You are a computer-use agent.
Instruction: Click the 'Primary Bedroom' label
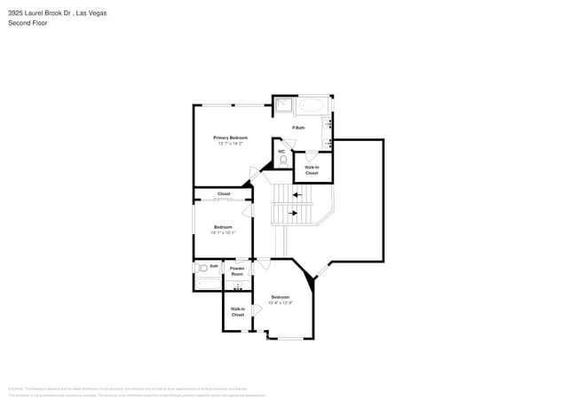point(230,137)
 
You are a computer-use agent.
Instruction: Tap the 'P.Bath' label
point(299,128)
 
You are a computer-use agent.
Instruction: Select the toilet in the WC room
point(282,161)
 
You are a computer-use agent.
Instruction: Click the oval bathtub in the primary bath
point(312,106)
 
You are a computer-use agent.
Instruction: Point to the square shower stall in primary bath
point(282,106)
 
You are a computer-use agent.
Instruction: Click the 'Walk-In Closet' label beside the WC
point(312,169)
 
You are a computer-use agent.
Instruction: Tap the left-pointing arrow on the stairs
point(296,194)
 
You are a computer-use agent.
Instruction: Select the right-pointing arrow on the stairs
point(291,213)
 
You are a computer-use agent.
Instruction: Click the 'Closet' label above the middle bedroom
point(224,193)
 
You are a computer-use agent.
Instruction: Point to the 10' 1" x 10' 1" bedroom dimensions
point(223,232)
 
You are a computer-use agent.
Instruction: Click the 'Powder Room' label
point(237,271)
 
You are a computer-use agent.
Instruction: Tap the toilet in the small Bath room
point(202,267)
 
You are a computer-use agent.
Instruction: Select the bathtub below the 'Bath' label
point(207,283)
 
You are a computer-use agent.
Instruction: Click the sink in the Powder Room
point(237,286)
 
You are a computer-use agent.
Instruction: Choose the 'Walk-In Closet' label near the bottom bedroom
point(237,311)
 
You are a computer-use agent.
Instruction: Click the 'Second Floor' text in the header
point(28,23)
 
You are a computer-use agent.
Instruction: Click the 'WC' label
point(281,151)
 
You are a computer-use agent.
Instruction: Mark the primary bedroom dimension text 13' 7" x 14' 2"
point(230,143)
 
